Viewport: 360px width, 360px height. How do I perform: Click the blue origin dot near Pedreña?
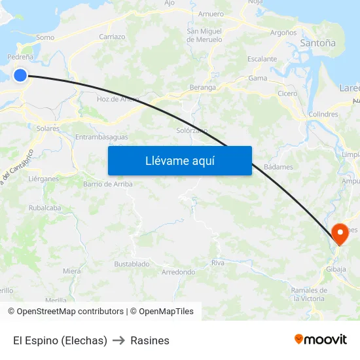point(20,75)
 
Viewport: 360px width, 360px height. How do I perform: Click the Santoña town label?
point(317,43)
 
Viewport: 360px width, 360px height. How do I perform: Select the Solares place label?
point(48,129)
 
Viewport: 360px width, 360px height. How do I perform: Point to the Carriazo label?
point(112,37)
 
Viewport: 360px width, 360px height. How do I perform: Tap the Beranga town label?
point(202,87)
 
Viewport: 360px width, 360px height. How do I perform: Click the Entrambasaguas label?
point(101,137)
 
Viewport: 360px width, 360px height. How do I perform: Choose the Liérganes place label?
point(44,178)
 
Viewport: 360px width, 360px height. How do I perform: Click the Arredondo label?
point(178,272)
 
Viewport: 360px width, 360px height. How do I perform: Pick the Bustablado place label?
point(132,264)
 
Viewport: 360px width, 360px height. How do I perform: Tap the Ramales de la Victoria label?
point(309,294)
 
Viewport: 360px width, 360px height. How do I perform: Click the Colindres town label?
point(323,114)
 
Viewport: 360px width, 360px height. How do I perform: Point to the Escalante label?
point(262,59)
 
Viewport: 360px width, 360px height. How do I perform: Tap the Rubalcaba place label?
point(45,207)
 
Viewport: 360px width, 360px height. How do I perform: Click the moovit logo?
point(321,339)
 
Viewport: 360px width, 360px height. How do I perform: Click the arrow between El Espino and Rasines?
point(119,340)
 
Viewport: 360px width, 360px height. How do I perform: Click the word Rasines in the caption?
point(150,340)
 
